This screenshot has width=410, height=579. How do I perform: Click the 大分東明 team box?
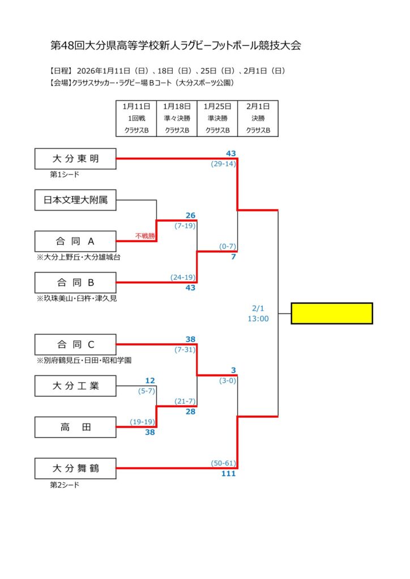click(75, 159)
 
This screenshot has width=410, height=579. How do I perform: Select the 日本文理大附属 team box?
click(75, 200)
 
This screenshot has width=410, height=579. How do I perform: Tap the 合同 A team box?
click(75, 241)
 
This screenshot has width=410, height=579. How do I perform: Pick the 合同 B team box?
click(75, 283)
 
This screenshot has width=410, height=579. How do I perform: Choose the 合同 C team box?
click(75, 344)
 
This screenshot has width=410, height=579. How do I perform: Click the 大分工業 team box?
click(75, 386)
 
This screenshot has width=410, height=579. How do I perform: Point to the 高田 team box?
click(75, 427)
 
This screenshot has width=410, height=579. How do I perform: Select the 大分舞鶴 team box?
click(75, 468)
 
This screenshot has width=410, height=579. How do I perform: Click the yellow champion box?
click(332, 313)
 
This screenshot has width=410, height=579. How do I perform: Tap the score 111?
click(228, 474)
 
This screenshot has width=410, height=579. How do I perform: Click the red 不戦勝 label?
click(144, 236)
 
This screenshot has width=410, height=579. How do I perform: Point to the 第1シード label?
click(65, 175)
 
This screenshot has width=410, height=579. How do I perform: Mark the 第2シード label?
click(65, 485)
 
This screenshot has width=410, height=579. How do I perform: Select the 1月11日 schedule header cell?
click(136, 106)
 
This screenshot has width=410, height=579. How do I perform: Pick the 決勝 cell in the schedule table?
click(258, 119)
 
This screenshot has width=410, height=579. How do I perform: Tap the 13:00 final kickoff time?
click(258, 319)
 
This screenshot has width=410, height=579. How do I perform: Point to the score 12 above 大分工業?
click(150, 381)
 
